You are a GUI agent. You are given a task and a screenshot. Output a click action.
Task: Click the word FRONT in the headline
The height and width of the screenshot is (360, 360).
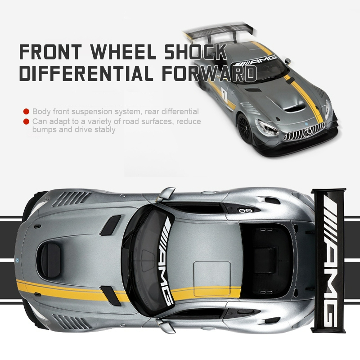(x=50, y=52)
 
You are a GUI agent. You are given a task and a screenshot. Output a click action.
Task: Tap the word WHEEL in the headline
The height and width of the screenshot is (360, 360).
(x=123, y=52)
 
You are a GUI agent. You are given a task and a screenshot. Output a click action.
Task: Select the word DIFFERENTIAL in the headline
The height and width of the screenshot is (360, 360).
(x=86, y=73)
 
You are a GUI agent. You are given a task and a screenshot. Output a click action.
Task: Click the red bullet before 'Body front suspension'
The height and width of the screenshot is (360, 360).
(x=27, y=112)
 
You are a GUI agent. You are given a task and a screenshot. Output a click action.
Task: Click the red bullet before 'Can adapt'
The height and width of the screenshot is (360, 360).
(x=27, y=121)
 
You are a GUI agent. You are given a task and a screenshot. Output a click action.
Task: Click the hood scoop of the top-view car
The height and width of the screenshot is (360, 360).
(x=49, y=260)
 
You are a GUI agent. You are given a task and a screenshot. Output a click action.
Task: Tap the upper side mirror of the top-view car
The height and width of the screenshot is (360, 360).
(x=165, y=193)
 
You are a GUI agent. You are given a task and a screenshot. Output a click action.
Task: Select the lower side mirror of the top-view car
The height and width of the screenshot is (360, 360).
(x=166, y=325)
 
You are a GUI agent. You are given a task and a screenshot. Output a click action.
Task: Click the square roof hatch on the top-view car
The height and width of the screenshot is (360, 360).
(x=211, y=279)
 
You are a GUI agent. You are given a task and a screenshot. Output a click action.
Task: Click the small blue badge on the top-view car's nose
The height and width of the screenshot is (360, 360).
(x=17, y=260)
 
